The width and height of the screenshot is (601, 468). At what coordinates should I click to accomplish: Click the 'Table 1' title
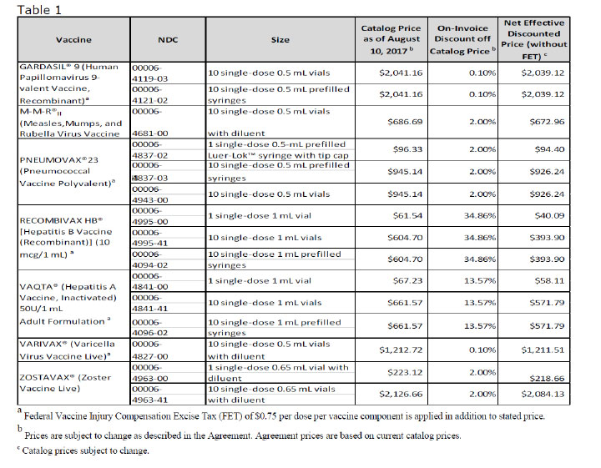39,9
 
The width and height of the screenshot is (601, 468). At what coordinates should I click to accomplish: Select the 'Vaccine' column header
73,40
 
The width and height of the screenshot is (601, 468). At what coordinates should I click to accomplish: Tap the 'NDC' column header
168,40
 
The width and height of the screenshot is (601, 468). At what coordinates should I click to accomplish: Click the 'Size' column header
280,40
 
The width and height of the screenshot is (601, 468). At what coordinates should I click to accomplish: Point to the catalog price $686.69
405,122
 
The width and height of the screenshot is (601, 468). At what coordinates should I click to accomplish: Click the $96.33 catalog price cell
407,149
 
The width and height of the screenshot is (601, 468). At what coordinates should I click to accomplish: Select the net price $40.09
549,215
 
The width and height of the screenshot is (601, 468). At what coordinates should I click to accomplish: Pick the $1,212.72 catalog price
401,350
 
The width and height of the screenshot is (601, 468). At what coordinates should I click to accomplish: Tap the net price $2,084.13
543,394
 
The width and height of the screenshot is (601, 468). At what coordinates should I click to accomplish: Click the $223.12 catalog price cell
405,372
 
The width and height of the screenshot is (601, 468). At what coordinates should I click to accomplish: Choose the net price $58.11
549,281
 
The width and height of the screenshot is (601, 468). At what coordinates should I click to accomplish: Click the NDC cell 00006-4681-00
150,122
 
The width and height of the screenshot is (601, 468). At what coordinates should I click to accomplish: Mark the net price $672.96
547,122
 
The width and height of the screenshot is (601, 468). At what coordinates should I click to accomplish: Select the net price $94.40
549,149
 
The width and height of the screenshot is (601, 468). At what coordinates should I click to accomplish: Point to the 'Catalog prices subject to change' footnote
83,450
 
